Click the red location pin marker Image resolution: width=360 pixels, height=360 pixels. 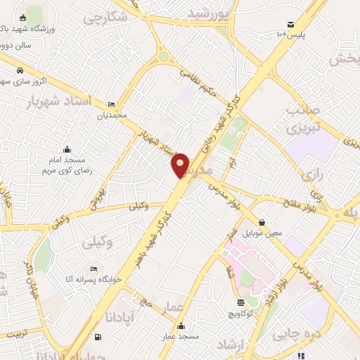(181, 165)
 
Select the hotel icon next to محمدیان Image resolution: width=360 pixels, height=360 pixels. (111, 103)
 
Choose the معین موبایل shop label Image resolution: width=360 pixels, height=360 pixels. (262, 231)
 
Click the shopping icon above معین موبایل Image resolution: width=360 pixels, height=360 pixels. (262, 221)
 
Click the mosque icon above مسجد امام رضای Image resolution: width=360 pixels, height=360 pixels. (67, 149)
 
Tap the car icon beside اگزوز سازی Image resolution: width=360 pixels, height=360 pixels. (20, 71)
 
